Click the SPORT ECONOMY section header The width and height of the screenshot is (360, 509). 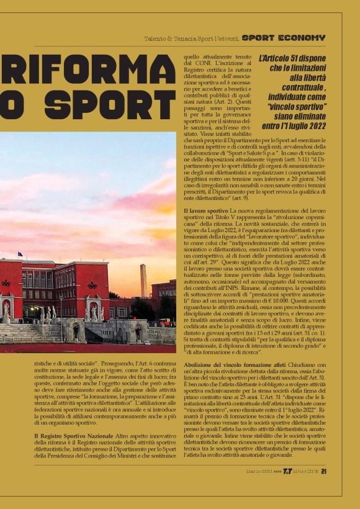[283, 38]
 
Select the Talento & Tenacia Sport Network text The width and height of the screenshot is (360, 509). [192, 38]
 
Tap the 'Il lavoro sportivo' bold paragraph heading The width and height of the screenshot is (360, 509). [202, 211]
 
